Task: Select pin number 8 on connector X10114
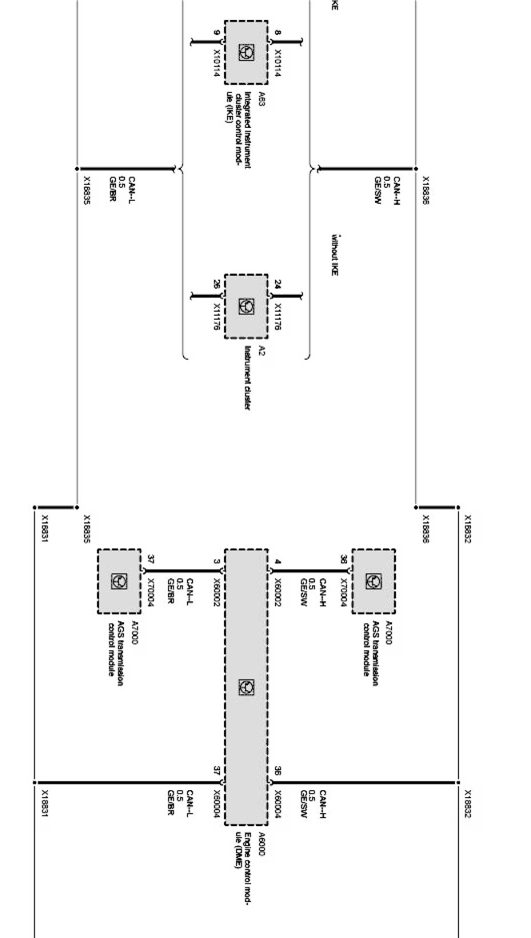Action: (x=277, y=33)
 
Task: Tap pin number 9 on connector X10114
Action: (x=216, y=33)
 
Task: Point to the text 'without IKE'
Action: (x=335, y=255)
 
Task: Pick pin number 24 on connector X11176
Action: (x=277, y=284)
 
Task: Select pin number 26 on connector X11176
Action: (x=216, y=284)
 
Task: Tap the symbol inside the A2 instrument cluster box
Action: (x=246, y=306)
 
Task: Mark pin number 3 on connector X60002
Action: (x=216, y=561)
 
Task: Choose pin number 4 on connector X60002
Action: (x=277, y=561)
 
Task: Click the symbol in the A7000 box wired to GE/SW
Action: (x=373, y=581)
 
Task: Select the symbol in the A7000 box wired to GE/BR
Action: (x=119, y=581)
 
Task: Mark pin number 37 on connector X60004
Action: (x=216, y=770)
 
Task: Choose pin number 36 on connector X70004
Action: (x=343, y=559)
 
